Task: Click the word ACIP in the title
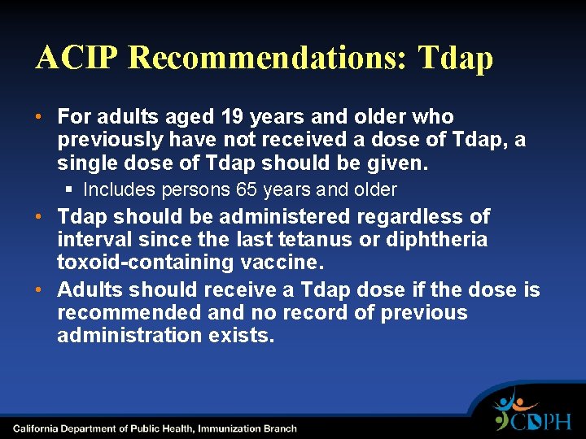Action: coord(77,58)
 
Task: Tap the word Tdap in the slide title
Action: coord(455,58)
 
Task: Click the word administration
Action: coord(122,336)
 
